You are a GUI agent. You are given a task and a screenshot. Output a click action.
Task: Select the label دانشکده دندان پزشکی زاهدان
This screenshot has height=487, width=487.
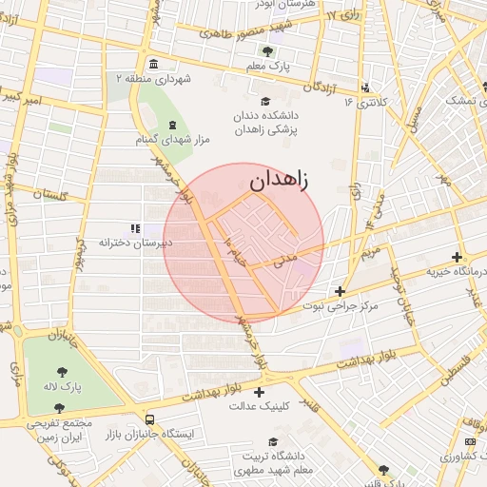tap(267, 124)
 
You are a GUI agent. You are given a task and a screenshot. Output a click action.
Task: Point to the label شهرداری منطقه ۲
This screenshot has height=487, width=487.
tap(153, 79)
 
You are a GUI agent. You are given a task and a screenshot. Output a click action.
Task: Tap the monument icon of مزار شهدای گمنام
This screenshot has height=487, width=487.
tap(172, 126)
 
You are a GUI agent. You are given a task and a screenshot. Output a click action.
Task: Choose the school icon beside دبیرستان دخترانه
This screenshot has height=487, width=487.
tap(135, 228)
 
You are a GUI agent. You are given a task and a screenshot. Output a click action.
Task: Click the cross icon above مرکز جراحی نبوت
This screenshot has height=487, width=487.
tap(340, 291)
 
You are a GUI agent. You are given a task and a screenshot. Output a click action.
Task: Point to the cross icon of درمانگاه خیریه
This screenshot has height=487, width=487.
tap(458, 257)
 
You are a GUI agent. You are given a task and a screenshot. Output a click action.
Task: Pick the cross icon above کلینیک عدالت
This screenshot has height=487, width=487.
tap(259, 391)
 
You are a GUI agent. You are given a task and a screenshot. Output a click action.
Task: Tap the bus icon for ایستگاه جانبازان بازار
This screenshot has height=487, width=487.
tap(149, 419)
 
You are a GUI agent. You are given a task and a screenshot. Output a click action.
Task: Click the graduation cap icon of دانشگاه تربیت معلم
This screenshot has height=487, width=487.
tap(274, 442)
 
